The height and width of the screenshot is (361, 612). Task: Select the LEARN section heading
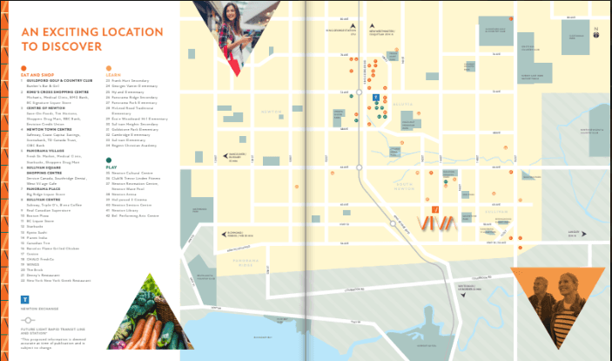[114, 76]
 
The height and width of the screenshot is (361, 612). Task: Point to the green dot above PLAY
[109, 160]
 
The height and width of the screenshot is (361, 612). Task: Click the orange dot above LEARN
[109, 67]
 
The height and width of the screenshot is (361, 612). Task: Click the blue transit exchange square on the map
[376, 99]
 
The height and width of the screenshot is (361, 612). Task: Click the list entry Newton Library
[130, 210]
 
